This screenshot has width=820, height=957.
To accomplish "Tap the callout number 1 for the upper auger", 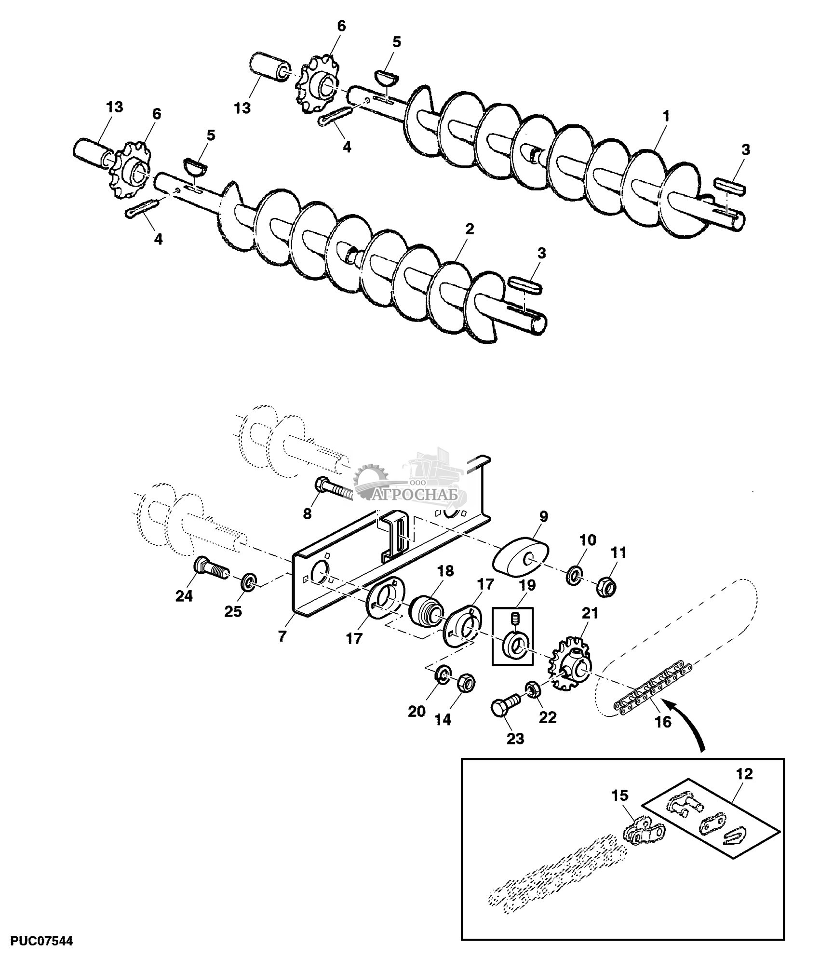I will pyautogui.click(x=666, y=116).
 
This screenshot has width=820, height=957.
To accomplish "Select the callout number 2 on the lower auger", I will pyautogui.click(x=470, y=229).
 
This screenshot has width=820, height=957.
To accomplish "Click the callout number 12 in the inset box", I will pyautogui.click(x=744, y=774).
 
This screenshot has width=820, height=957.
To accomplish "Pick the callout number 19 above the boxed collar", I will pyautogui.click(x=528, y=586).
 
